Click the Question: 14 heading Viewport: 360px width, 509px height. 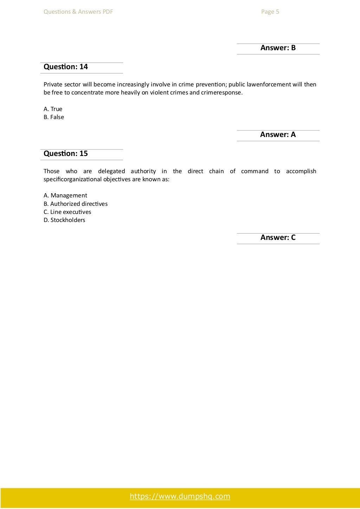coord(66,67)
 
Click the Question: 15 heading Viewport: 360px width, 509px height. coord(66,154)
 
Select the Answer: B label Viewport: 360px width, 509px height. coord(278,48)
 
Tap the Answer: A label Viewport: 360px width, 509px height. coord(278,135)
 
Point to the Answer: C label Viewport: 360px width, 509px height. coord(278,237)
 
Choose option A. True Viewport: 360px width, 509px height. coord(53,109)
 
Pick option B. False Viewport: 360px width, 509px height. coord(54,117)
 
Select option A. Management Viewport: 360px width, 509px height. coord(65,195)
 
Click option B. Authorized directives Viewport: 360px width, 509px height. coord(76,204)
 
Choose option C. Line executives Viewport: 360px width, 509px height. coord(67,212)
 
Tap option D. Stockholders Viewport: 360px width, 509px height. coord(64,220)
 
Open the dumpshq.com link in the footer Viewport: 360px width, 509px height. coord(180,496)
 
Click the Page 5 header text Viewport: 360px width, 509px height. coord(270,12)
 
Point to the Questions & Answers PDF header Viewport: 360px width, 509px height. coord(78,12)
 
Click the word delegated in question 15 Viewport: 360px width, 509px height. coord(111,171)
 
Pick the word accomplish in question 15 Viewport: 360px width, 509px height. coord(301,171)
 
